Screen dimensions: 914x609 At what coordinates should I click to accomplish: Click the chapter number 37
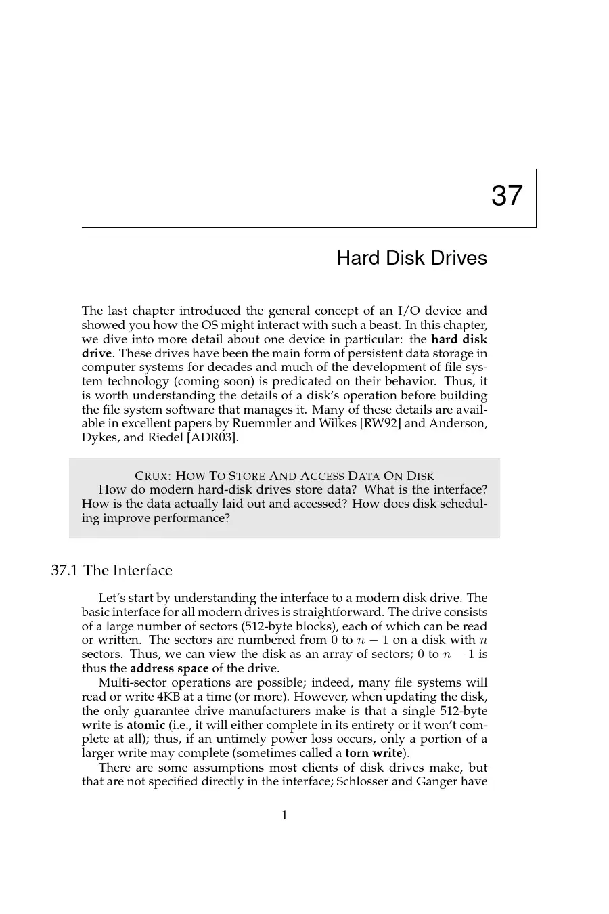[507, 196]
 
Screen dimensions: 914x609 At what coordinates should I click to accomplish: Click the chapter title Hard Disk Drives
[411, 258]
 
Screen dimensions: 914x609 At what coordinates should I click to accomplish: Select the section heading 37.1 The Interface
[112, 571]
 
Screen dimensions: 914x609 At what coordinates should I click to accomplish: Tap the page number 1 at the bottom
[284, 815]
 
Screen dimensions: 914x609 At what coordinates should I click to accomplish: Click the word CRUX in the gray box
[151, 476]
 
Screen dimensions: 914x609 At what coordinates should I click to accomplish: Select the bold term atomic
[146, 725]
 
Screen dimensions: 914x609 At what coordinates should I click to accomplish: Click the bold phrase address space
[169, 668]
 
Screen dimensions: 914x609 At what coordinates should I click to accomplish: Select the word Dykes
[99, 437]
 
